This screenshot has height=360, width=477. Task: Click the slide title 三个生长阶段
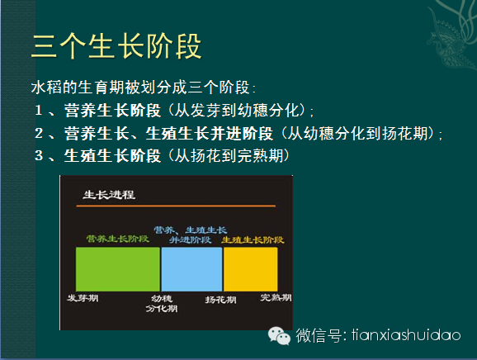pyautogui.click(x=116, y=46)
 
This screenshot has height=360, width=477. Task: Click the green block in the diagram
pyautogui.click(x=118, y=269)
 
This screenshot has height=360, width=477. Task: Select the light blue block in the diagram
pyautogui.click(x=191, y=269)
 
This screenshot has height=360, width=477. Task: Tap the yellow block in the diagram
pyautogui.click(x=251, y=269)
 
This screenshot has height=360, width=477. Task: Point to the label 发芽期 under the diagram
pyautogui.click(x=83, y=298)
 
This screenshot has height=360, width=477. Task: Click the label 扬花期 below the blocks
pyautogui.click(x=220, y=300)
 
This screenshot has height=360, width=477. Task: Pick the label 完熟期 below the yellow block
pyautogui.click(x=276, y=297)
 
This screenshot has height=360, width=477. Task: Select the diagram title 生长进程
pyautogui.click(x=109, y=195)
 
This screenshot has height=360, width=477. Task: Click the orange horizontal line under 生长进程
pyautogui.click(x=176, y=206)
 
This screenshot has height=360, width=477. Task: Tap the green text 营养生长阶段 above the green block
pyautogui.click(x=117, y=239)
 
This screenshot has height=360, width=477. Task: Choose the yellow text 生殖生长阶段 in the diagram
pyautogui.click(x=253, y=239)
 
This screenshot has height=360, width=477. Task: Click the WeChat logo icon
pyautogui.click(x=279, y=336)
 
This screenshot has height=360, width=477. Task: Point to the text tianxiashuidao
pyautogui.click(x=406, y=335)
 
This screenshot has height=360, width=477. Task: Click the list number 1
pyautogui.click(x=39, y=110)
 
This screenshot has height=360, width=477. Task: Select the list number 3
pyautogui.click(x=39, y=155)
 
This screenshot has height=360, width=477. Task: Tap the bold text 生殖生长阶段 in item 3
pyautogui.click(x=112, y=155)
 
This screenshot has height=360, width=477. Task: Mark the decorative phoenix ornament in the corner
pyautogui.click(x=452, y=35)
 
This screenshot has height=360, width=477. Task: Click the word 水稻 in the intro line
pyautogui.click(x=46, y=88)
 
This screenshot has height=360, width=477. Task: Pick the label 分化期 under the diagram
pyautogui.click(x=162, y=309)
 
